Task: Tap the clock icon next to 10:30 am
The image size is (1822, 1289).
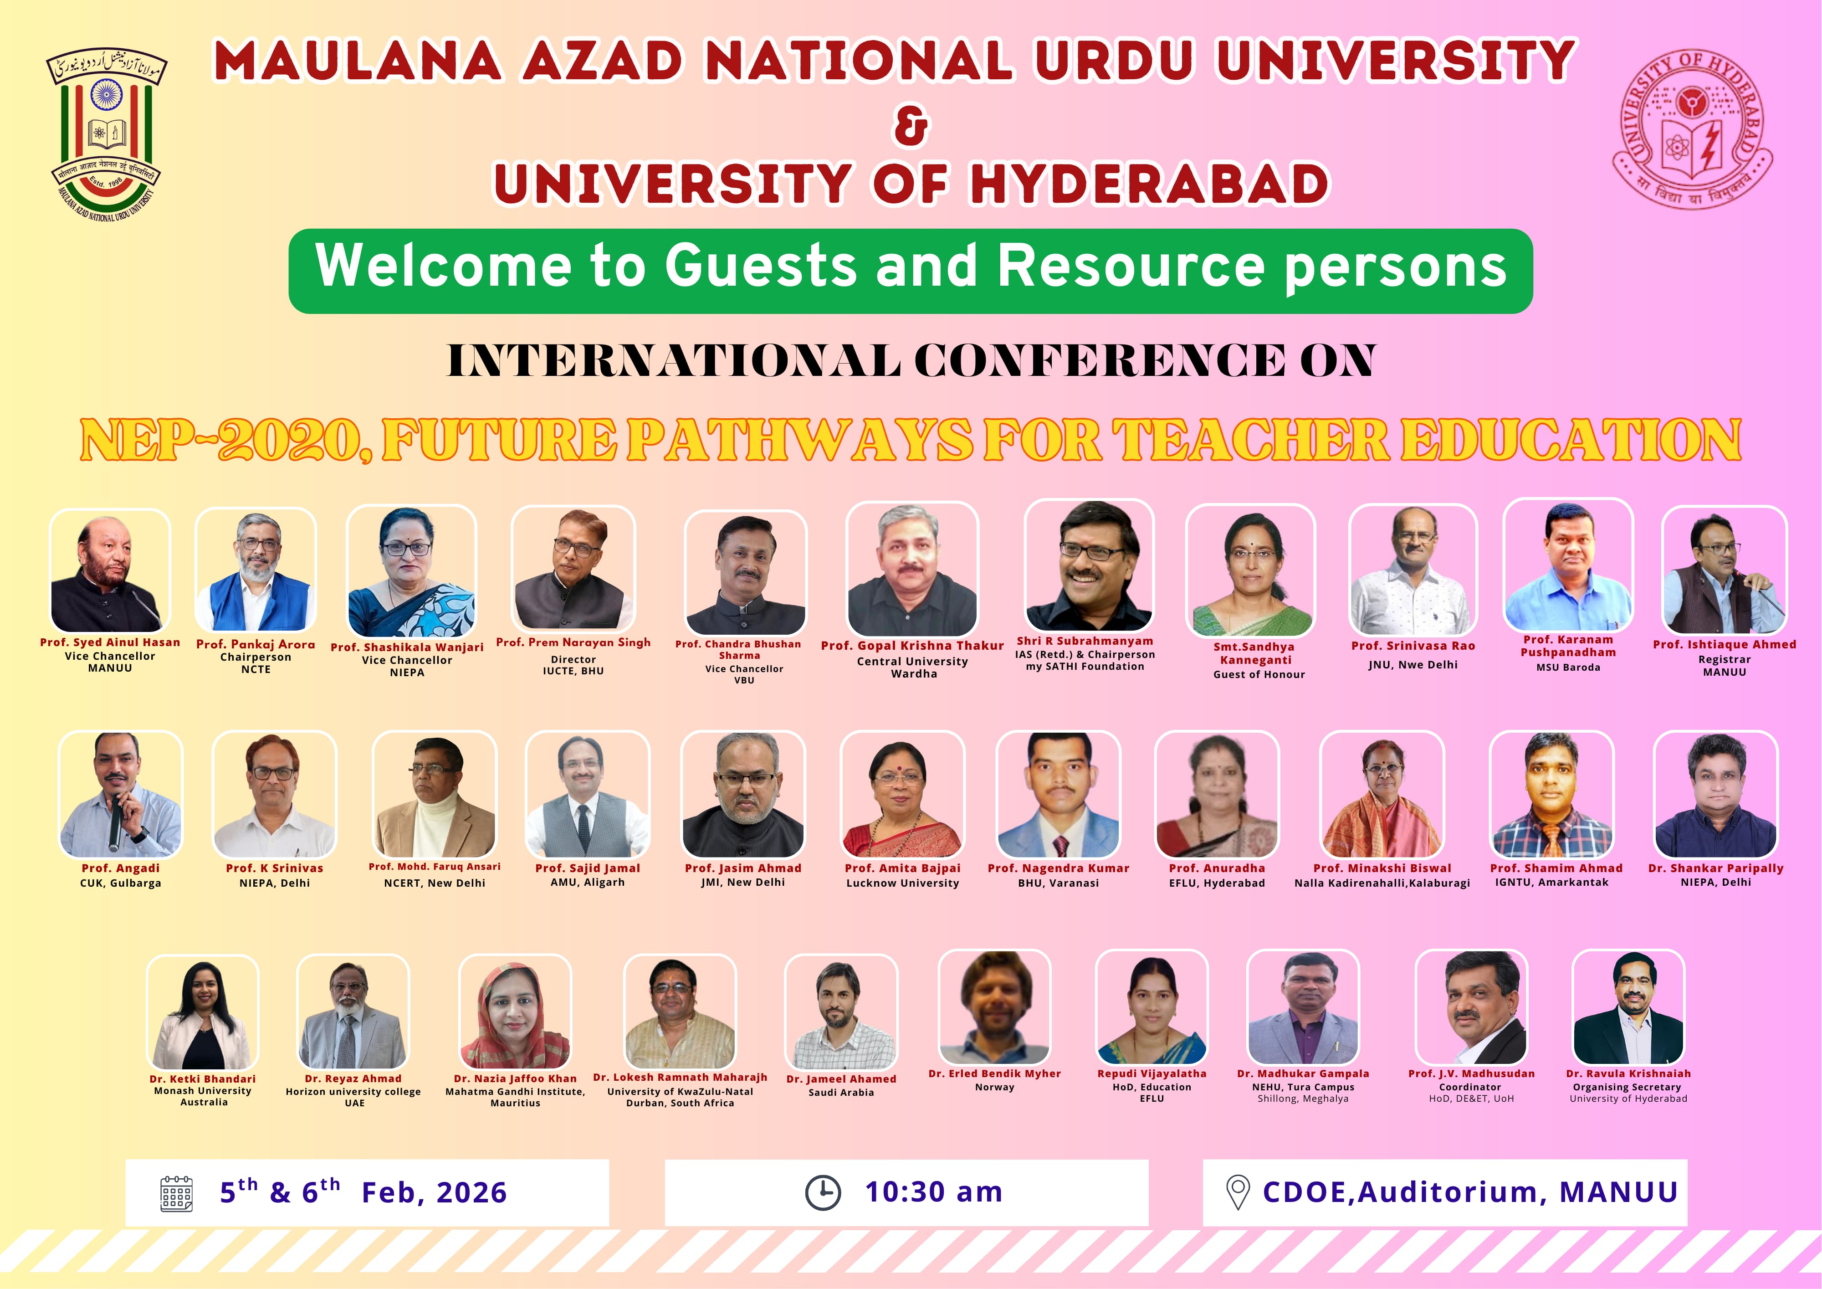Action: point(823,1192)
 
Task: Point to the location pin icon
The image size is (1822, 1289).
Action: point(1238,1192)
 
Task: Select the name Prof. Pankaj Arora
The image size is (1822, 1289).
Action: point(256,644)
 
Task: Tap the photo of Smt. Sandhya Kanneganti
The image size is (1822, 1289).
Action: point(1251,570)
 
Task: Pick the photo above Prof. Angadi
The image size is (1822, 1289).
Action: point(121,795)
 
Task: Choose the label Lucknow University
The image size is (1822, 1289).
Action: point(902,883)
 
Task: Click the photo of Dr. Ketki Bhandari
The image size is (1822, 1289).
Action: point(203,1012)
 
